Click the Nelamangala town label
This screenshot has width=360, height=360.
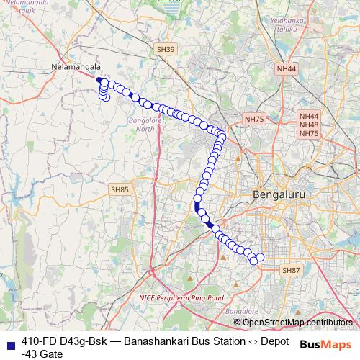coord(76,67)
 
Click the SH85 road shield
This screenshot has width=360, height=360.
coord(120,189)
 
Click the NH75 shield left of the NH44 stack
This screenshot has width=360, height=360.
coord(255,119)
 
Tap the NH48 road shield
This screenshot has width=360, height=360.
coord(309,125)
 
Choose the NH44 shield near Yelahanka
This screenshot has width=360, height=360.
coord(286,69)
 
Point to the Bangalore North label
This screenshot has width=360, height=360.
coord(145,125)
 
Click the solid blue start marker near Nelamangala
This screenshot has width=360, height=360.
coord(99,80)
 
